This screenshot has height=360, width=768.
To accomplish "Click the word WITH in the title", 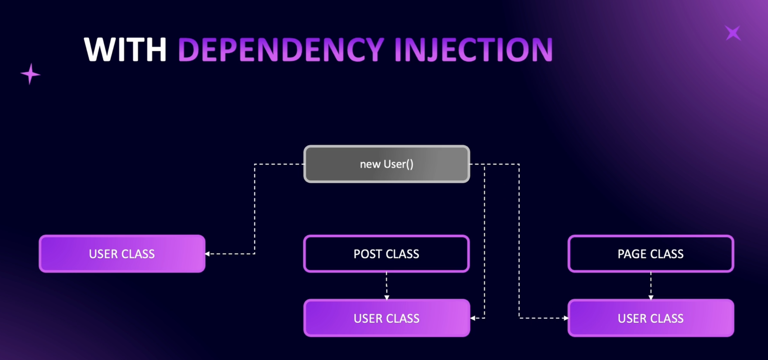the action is (125, 49).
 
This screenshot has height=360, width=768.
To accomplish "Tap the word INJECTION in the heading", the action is (474, 50).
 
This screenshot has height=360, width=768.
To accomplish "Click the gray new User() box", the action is (387, 164).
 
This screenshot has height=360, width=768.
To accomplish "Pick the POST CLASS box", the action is (386, 254).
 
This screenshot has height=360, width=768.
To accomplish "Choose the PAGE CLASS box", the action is (651, 254).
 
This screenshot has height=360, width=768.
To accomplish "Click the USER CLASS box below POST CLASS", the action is (387, 318).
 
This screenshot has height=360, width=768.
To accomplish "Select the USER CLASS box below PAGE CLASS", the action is (651, 318).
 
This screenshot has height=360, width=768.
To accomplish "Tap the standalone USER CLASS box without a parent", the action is (122, 254).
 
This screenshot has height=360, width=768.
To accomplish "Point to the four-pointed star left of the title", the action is (30, 74).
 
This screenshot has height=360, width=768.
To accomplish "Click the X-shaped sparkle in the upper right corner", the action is (733, 33).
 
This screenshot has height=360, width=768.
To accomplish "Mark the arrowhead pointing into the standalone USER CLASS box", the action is (207, 254).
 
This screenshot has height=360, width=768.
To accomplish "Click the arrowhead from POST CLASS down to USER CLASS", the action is (387, 298).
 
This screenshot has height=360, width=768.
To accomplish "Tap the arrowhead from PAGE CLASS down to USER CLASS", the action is (651, 298).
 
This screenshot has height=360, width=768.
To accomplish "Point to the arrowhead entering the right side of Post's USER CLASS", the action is (473, 318).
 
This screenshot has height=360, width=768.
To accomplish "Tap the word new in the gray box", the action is (370, 164).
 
